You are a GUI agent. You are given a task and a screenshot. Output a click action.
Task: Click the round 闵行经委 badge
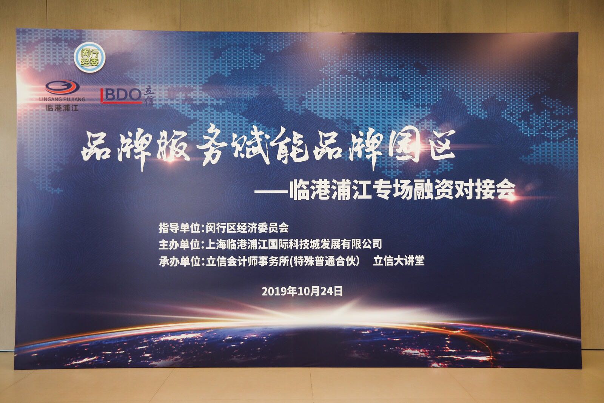pos(90,57)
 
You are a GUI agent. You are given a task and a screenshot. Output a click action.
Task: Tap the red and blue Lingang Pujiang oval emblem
pos(62,87)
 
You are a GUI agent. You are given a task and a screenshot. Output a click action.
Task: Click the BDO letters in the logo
pos(121,95)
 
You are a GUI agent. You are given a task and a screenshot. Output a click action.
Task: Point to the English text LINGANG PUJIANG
pos(62,99)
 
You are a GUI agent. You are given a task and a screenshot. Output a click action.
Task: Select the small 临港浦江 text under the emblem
pos(62,108)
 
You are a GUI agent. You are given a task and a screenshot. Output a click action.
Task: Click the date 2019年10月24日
pos(302,291)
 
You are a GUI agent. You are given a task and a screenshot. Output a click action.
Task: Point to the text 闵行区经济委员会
pos(247,228)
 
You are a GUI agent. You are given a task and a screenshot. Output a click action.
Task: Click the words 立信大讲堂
pos(399,261)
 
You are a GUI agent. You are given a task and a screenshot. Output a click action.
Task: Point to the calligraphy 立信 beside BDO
pos(149,96)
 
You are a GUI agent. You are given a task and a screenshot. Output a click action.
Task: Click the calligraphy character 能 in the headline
pos(289,146)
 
